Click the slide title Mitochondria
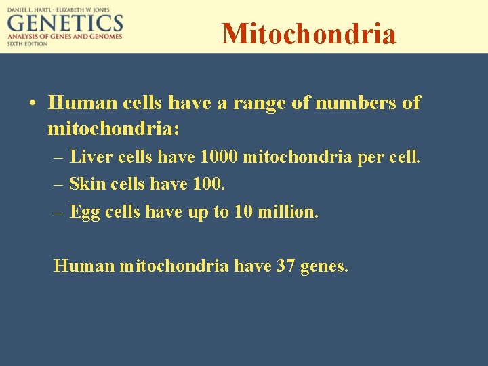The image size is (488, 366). pyautogui.click(x=308, y=33)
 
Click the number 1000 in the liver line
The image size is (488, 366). pyautogui.click(x=219, y=157)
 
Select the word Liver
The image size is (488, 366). pyautogui.click(x=91, y=157)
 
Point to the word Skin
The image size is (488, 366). pyautogui.click(x=84, y=184)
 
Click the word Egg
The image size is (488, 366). pyautogui.click(x=85, y=211)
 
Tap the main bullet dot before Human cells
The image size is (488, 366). pyautogui.click(x=33, y=104)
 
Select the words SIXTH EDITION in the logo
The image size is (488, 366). pyautogui.click(x=28, y=43)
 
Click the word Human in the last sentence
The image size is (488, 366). pyautogui.click(x=83, y=266)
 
